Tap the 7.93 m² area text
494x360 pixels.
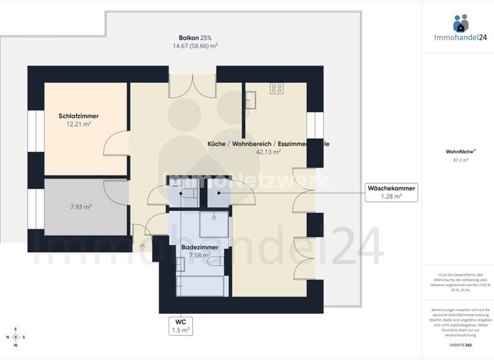(80, 207)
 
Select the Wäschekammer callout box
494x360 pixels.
(390, 192)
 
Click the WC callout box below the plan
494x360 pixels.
(181, 325)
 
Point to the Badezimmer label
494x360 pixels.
(199, 248)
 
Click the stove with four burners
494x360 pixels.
(277, 89)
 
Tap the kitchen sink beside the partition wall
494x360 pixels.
(250, 100)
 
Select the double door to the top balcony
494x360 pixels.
(193, 87)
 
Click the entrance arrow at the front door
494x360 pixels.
(142, 245)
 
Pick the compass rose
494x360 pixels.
(16, 337)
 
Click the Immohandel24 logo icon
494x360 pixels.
(461, 24)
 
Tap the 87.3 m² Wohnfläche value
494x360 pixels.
(461, 161)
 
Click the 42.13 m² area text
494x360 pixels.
(268, 152)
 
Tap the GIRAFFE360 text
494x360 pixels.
(461, 345)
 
